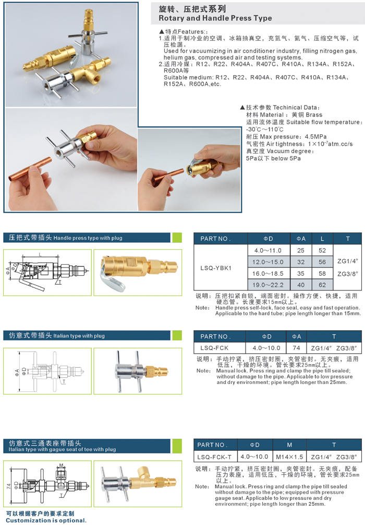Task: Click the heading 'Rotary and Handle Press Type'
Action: click(215, 18)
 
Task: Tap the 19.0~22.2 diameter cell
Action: click(267, 285)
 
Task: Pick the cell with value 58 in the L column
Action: click(322, 274)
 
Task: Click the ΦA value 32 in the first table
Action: click(301, 262)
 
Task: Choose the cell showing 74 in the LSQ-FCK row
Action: click(296, 348)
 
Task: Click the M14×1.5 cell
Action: click(289, 457)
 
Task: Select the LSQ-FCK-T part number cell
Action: click(215, 457)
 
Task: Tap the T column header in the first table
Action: click(348, 239)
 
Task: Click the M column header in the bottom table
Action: click(289, 445)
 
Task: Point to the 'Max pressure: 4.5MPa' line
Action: click(286, 137)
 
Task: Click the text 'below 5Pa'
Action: click(286, 158)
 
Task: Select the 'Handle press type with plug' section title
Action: click(88, 238)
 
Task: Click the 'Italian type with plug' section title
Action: click(79, 336)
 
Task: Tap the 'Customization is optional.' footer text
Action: click(46, 520)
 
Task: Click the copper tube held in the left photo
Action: click(30, 170)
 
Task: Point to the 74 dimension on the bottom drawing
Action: click(9, 485)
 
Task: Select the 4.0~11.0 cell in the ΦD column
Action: click(267, 250)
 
